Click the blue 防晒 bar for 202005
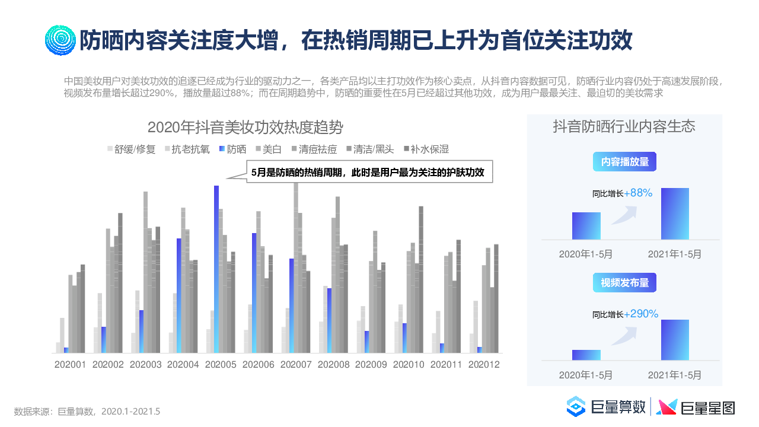pos(216,269)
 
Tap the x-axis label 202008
pos(334,365)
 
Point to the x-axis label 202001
pos(71,365)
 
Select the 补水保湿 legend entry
pos(426,149)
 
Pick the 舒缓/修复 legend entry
pos(131,149)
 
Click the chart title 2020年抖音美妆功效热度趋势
pos(245,128)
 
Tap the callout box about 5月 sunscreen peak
pos(369,173)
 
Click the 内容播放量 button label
pos(625,162)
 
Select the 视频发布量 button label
pos(625,283)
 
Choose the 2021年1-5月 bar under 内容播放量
pos(675,213)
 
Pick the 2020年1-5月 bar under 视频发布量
pos(586,355)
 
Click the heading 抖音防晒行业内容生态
pos(624,126)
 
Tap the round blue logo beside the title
pos(60,40)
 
